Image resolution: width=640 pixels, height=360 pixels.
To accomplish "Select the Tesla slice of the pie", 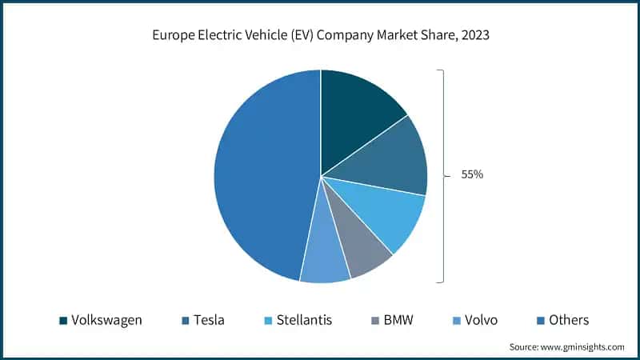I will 388,160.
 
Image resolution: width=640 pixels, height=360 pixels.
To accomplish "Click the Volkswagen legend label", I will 106,320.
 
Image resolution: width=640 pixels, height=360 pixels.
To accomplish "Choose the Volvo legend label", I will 481,320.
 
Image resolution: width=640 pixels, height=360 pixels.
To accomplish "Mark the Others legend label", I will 568,320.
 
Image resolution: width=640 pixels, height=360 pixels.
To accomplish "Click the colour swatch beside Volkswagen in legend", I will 62,321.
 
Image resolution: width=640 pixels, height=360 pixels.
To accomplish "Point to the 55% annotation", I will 472,174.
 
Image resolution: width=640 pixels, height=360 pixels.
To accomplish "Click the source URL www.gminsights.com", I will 582,346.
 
